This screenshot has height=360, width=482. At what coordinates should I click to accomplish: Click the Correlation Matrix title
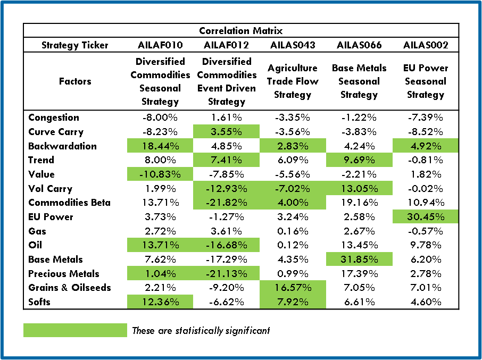pos(241,31)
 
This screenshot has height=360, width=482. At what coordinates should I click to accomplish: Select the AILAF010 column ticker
pos(160,45)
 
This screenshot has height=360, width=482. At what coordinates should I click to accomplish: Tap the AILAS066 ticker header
pos(359,45)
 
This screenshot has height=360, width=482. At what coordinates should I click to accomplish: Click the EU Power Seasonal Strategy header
pos(425,81)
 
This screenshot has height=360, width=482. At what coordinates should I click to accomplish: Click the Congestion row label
pos(54,118)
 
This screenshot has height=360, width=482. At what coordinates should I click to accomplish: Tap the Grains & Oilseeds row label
pos(70,288)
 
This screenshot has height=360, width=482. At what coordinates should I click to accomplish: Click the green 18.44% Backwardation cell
pos(160,146)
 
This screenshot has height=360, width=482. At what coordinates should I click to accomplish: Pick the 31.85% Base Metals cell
pos(359,259)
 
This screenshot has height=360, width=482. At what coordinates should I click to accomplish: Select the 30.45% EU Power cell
pos(425,217)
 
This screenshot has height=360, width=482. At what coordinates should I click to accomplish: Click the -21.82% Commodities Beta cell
pos(226,203)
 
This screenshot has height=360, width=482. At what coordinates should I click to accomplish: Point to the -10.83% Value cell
pos(160,174)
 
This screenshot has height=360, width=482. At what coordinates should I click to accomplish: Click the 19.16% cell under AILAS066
pos(359,203)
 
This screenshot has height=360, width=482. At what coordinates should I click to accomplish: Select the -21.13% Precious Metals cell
pos(226,274)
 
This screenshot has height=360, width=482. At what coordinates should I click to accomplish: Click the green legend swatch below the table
pos(75,330)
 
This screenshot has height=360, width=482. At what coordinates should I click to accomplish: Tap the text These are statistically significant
pos(201,330)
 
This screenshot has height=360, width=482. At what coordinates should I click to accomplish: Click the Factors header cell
pos(75,81)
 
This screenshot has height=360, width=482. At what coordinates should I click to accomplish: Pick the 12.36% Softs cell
pos(160,302)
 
